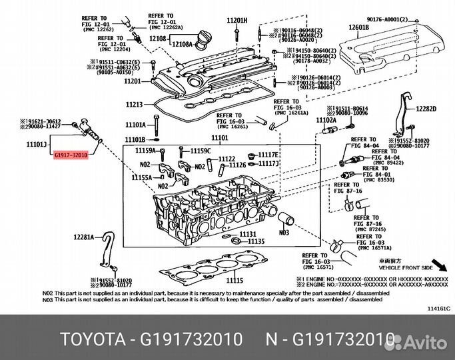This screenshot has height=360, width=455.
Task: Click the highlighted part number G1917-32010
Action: (x=70, y=155)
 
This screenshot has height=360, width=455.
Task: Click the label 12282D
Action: (x=426, y=109)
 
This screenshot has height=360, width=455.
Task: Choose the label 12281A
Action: (x=85, y=237)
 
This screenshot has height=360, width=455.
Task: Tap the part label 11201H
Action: (x=236, y=21)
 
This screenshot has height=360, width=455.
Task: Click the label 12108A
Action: (x=181, y=45)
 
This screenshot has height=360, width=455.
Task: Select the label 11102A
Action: (x=326, y=120)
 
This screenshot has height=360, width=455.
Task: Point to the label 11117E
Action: (x=268, y=155)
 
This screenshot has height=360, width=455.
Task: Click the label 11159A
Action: (x=146, y=151)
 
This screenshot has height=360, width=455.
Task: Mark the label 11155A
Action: (x=141, y=177)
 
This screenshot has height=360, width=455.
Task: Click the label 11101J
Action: (x=37, y=144)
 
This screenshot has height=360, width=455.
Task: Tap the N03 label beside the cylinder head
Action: (x=284, y=233)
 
